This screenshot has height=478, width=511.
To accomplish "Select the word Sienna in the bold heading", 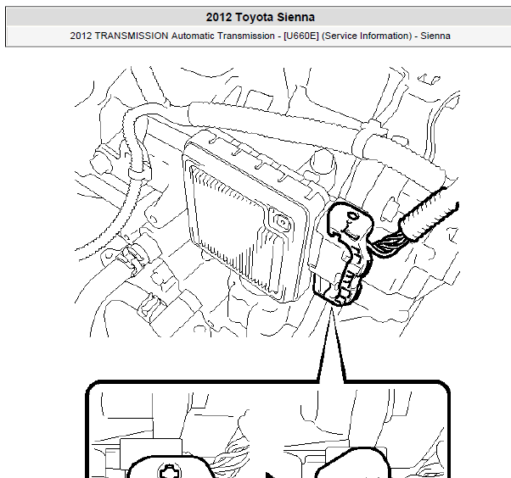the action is tap(296, 17).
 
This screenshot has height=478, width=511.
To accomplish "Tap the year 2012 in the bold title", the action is tap(219, 17).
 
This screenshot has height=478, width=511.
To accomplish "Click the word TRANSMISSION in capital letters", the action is tap(132, 36).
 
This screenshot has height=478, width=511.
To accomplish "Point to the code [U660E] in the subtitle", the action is tap(301, 36).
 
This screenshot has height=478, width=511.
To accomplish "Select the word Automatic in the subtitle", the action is tap(193, 36).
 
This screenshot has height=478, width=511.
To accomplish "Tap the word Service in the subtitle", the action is tap(340, 36).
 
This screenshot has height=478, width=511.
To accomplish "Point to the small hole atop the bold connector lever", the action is tap(352, 215).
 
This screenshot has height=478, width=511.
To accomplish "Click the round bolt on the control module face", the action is tap(282, 223).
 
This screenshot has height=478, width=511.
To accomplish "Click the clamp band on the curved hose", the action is tap(140, 174).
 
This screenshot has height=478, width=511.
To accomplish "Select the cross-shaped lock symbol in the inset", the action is tap(168, 472).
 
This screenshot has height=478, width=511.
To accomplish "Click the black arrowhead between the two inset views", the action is tap(271, 475).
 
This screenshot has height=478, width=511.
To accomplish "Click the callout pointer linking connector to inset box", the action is tap(332, 345).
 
